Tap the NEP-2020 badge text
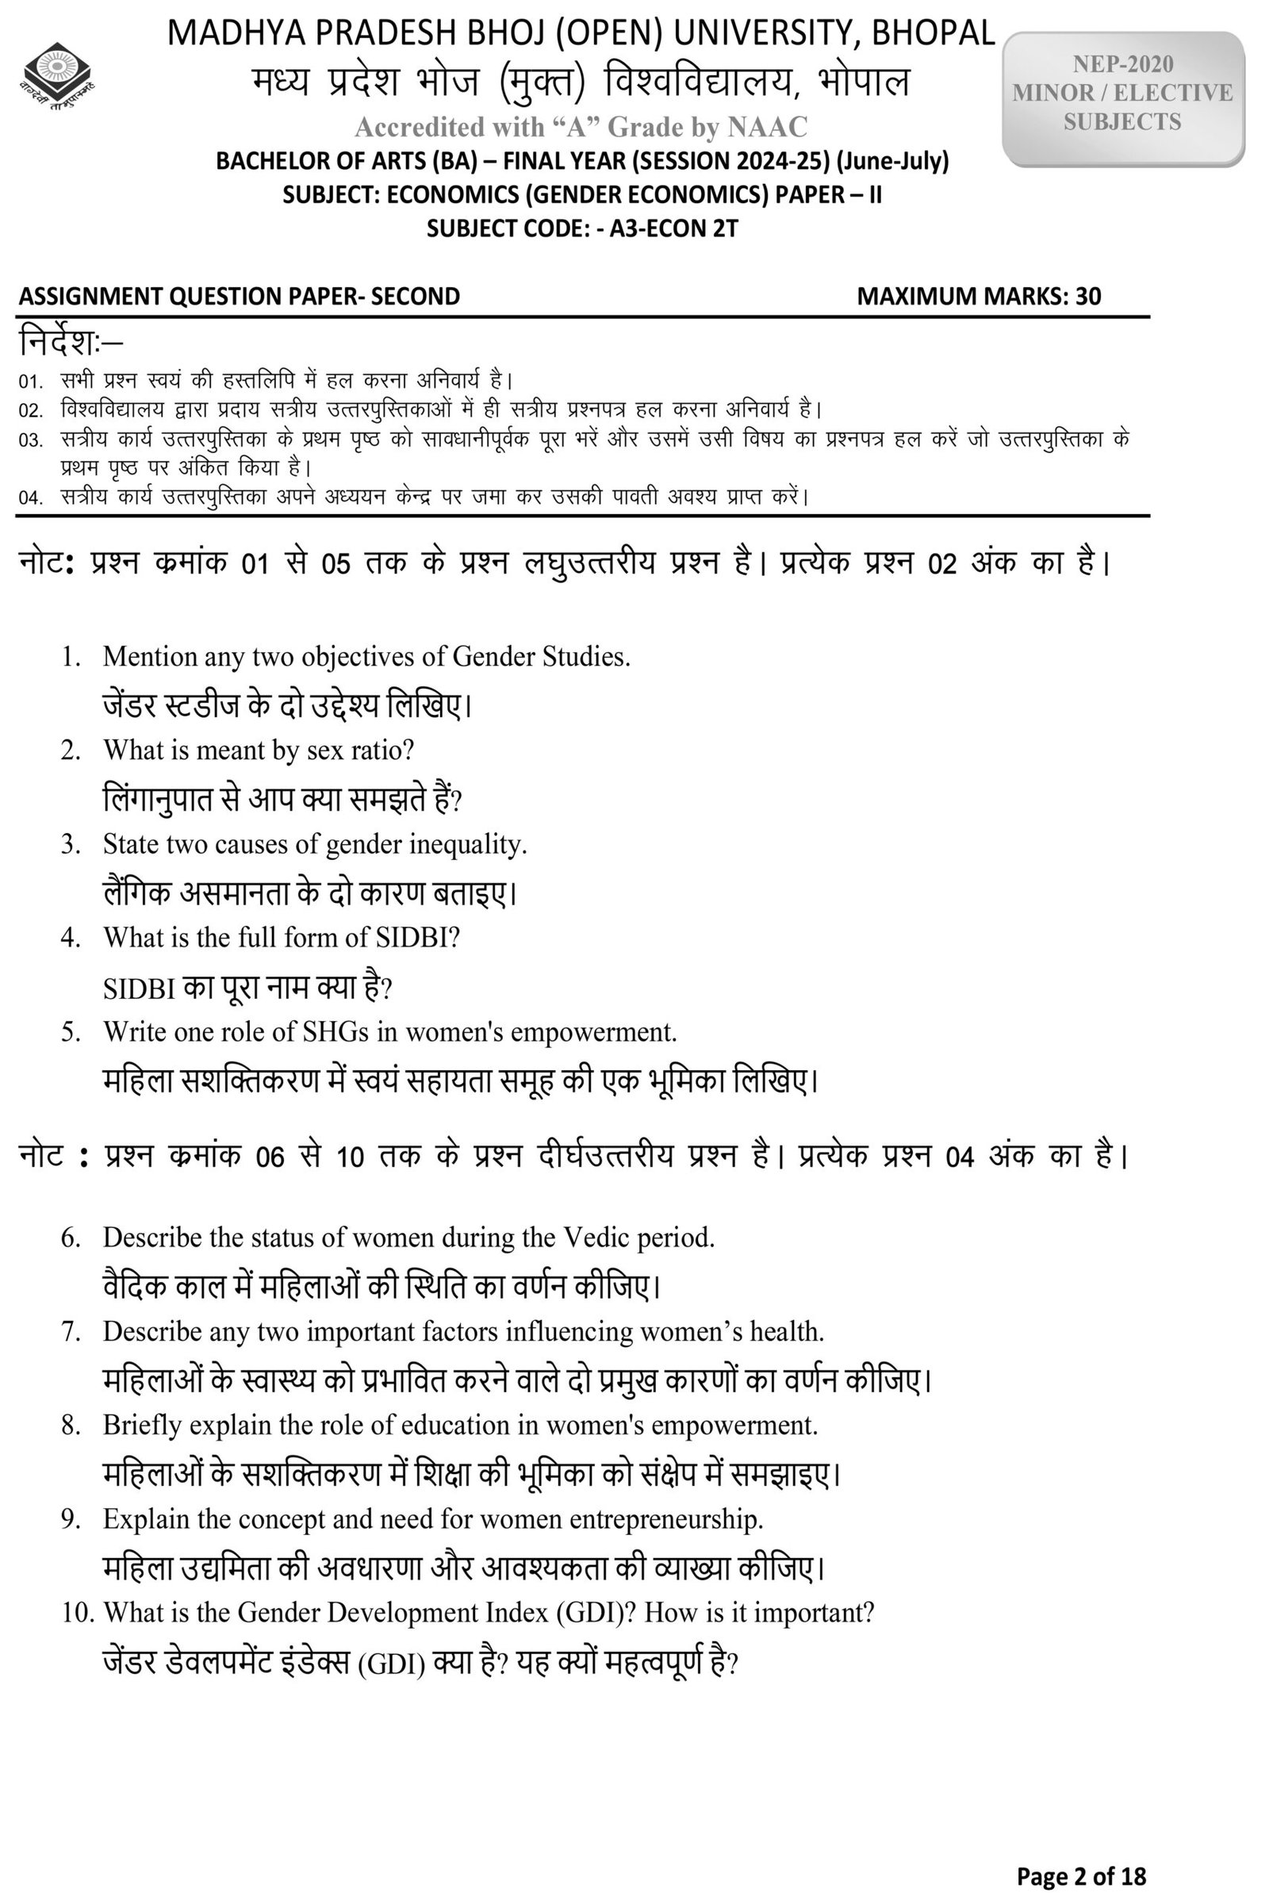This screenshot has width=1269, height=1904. (x=1122, y=64)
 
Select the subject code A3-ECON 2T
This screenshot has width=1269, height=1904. (x=673, y=228)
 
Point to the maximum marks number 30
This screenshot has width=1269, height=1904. (x=1087, y=296)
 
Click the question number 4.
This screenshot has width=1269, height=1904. (x=71, y=938)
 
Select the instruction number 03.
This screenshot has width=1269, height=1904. (x=31, y=441)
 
